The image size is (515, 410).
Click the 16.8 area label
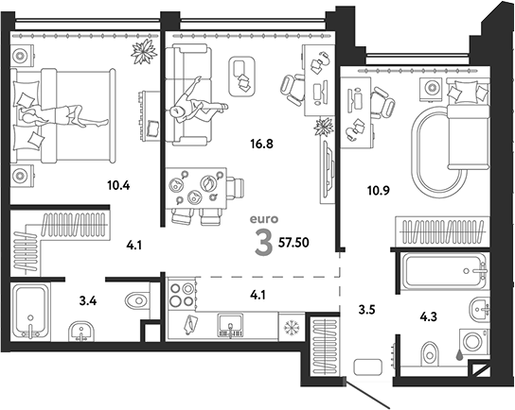(262, 144)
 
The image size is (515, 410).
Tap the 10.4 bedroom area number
(118, 185)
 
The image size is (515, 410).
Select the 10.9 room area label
(379, 190)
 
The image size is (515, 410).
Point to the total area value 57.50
(293, 243)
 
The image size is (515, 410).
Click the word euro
(264, 219)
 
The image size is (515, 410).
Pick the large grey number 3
(264, 243)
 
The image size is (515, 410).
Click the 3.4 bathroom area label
(88, 300)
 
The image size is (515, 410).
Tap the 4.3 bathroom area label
(429, 316)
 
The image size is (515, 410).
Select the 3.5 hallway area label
(367, 310)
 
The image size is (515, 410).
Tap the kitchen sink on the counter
(231, 325)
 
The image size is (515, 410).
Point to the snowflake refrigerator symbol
(291, 327)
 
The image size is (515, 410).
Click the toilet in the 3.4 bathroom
(137, 299)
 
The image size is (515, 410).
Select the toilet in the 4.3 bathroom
(430, 353)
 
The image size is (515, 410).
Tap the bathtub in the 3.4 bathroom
(30, 312)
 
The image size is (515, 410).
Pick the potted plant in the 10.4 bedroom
(144, 51)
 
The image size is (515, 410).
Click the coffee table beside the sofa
(242, 77)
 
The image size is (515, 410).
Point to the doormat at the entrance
(368, 367)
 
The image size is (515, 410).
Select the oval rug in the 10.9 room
(439, 153)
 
